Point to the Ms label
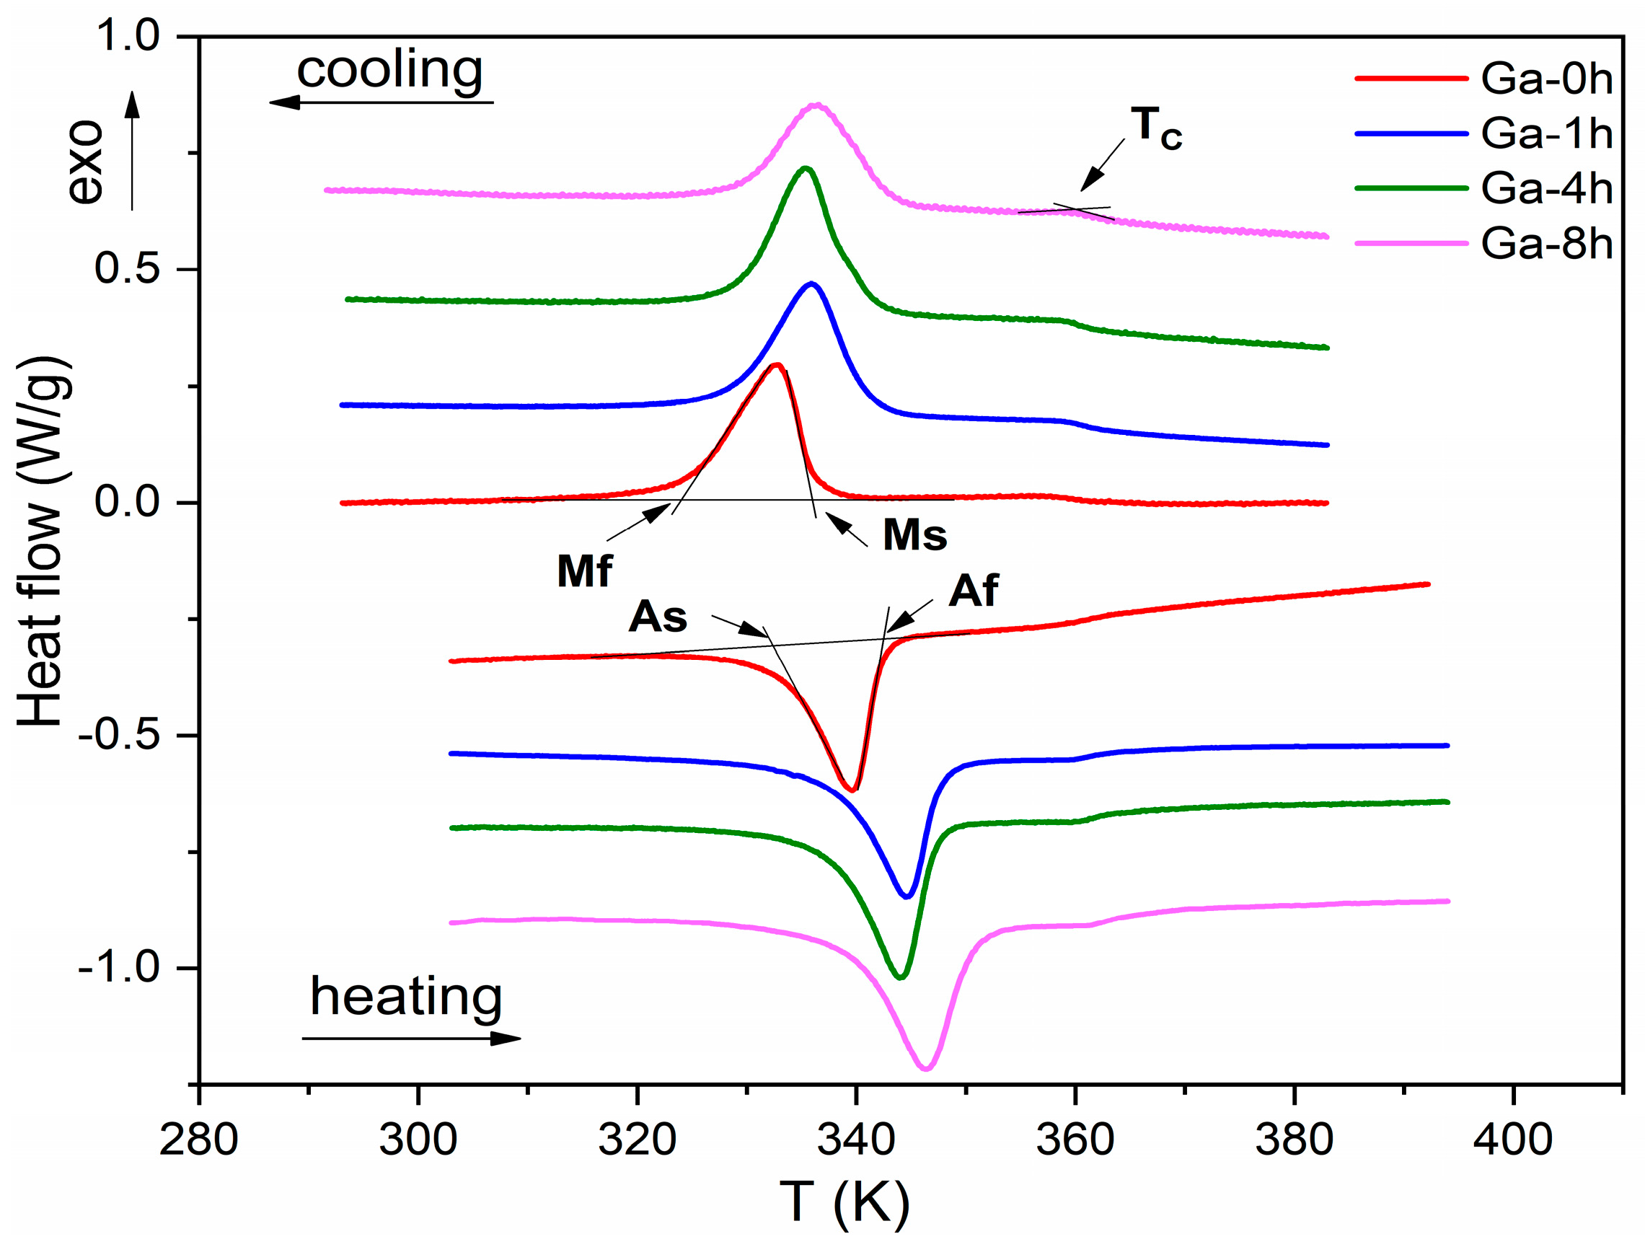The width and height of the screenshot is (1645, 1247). coord(914,534)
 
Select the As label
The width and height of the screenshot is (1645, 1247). coord(658,617)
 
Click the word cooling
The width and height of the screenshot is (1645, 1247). coord(389,71)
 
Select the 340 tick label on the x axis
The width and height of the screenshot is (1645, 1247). coord(856,1140)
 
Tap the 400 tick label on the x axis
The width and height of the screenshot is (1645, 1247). coord(1512,1140)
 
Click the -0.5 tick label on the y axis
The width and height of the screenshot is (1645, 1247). coord(119,736)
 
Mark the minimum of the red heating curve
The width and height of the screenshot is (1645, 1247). coord(852,790)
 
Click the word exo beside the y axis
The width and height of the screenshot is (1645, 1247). coord(84,162)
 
